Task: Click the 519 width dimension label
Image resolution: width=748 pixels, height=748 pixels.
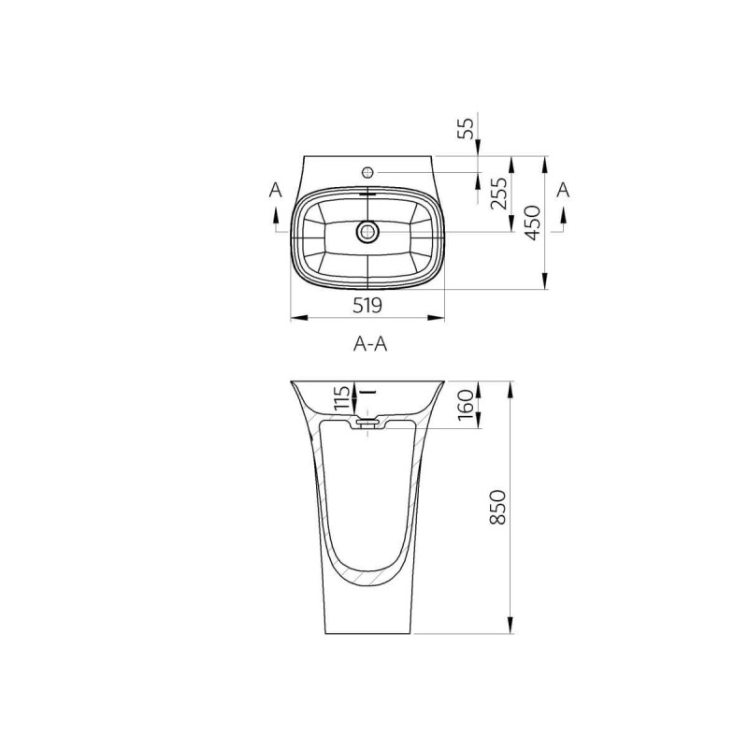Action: point(367,306)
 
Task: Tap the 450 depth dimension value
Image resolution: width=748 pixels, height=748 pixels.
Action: point(533,223)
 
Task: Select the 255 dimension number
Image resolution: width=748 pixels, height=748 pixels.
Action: point(499,194)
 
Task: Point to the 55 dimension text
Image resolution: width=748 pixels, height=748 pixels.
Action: point(466,128)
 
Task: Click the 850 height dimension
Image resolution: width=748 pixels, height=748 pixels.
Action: point(498,507)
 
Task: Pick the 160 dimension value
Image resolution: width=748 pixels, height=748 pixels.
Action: point(465,405)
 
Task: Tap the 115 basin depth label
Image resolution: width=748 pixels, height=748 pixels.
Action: point(341,398)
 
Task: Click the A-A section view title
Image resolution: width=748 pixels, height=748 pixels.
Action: point(370,343)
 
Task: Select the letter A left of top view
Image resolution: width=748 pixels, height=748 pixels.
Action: point(276,190)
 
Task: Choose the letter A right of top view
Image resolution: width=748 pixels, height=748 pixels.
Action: point(564,190)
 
